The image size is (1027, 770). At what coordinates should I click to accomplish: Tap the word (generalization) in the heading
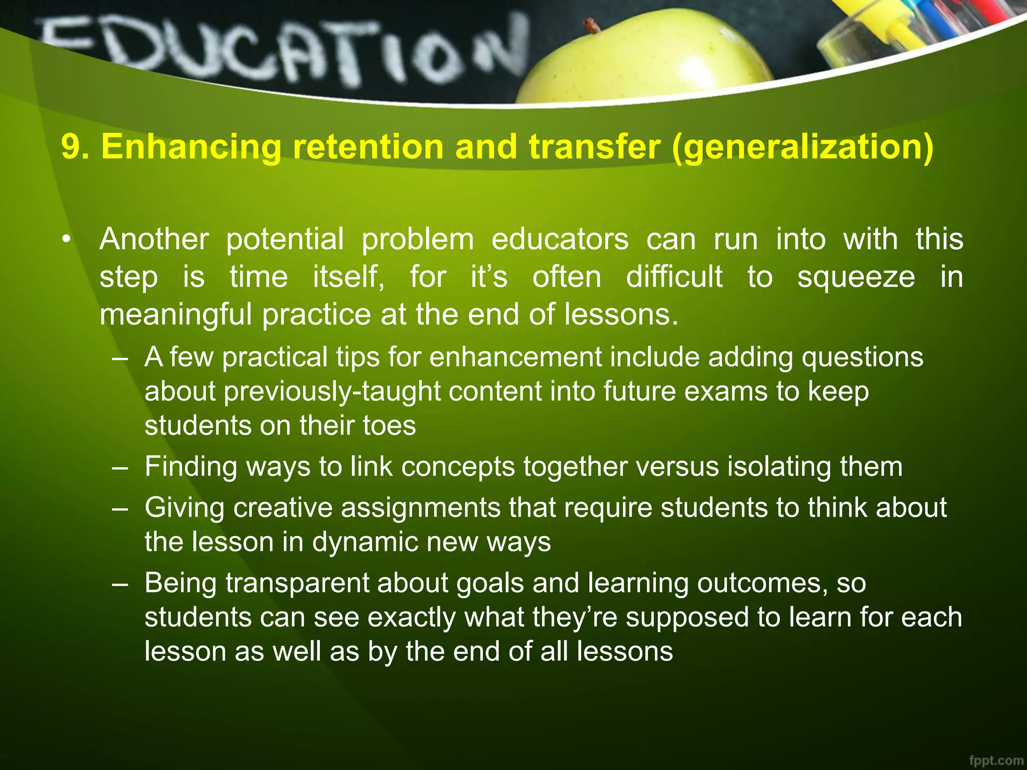point(803,148)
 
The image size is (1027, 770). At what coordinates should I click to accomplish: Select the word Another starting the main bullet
point(154,239)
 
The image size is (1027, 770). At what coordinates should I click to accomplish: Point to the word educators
point(560,239)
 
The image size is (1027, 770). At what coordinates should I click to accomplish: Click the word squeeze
point(856,278)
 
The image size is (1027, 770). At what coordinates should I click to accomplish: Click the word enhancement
point(516,357)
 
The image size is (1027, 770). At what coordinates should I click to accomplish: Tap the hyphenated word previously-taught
point(332,392)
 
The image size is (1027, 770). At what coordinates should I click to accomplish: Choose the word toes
point(389,426)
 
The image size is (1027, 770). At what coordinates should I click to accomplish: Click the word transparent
point(297,583)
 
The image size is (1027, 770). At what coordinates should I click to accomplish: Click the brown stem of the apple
point(592,25)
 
